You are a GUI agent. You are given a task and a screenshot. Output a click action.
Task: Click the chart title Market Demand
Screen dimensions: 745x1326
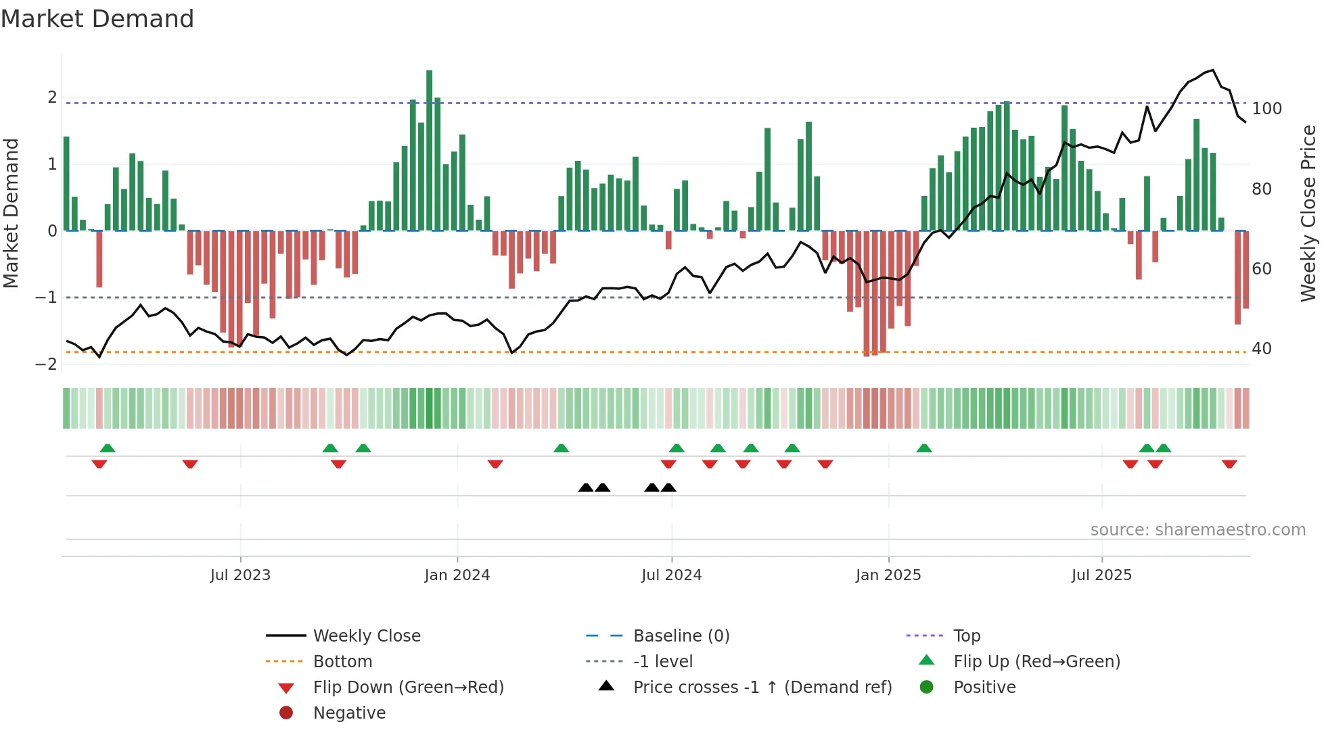coord(97,19)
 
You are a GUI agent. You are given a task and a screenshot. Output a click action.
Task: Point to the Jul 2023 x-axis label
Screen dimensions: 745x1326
coord(240,575)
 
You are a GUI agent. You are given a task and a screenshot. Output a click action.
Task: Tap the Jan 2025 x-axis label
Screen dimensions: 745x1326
coord(888,575)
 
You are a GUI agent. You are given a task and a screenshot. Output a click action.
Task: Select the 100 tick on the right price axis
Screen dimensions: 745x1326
coord(1266,109)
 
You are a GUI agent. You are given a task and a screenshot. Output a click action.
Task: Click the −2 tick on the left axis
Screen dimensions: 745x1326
coord(46,364)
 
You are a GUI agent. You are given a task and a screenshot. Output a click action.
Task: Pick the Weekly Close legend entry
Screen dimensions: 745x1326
coord(366,636)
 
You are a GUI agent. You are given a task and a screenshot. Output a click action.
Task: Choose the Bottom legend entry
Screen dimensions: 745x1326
coord(342,662)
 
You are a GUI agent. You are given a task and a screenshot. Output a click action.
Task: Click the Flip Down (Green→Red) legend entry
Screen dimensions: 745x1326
coord(408,688)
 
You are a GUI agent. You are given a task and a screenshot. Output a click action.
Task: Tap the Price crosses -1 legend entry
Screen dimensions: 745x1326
coord(762,688)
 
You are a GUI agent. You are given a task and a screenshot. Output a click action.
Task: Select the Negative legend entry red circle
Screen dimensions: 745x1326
coord(286,713)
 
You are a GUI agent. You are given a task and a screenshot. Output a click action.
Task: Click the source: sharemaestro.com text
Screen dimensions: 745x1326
coord(1197,530)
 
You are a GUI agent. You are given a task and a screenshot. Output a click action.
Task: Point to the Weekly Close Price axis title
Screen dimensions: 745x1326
coord(1308,213)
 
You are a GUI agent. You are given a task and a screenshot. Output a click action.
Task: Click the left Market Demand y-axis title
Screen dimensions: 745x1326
coord(11,213)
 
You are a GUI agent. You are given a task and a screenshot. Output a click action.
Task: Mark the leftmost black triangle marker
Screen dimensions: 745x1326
coord(586,488)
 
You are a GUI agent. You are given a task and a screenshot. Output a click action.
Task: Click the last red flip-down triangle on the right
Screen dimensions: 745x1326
coord(1229,464)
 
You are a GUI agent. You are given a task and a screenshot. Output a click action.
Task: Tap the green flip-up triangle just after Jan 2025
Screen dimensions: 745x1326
coord(924,448)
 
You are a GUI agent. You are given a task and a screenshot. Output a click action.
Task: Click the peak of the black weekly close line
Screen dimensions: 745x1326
coord(1213,70)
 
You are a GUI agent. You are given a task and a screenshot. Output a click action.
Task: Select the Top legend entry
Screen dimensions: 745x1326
coord(966,636)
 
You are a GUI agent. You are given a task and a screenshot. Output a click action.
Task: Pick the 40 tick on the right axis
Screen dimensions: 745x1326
coord(1262,349)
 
